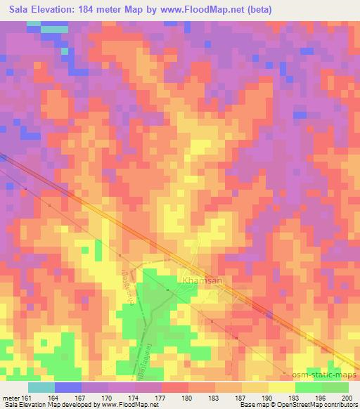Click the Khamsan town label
tap(202, 280)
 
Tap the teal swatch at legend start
tap(41, 387)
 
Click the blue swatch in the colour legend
tap(67, 387)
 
